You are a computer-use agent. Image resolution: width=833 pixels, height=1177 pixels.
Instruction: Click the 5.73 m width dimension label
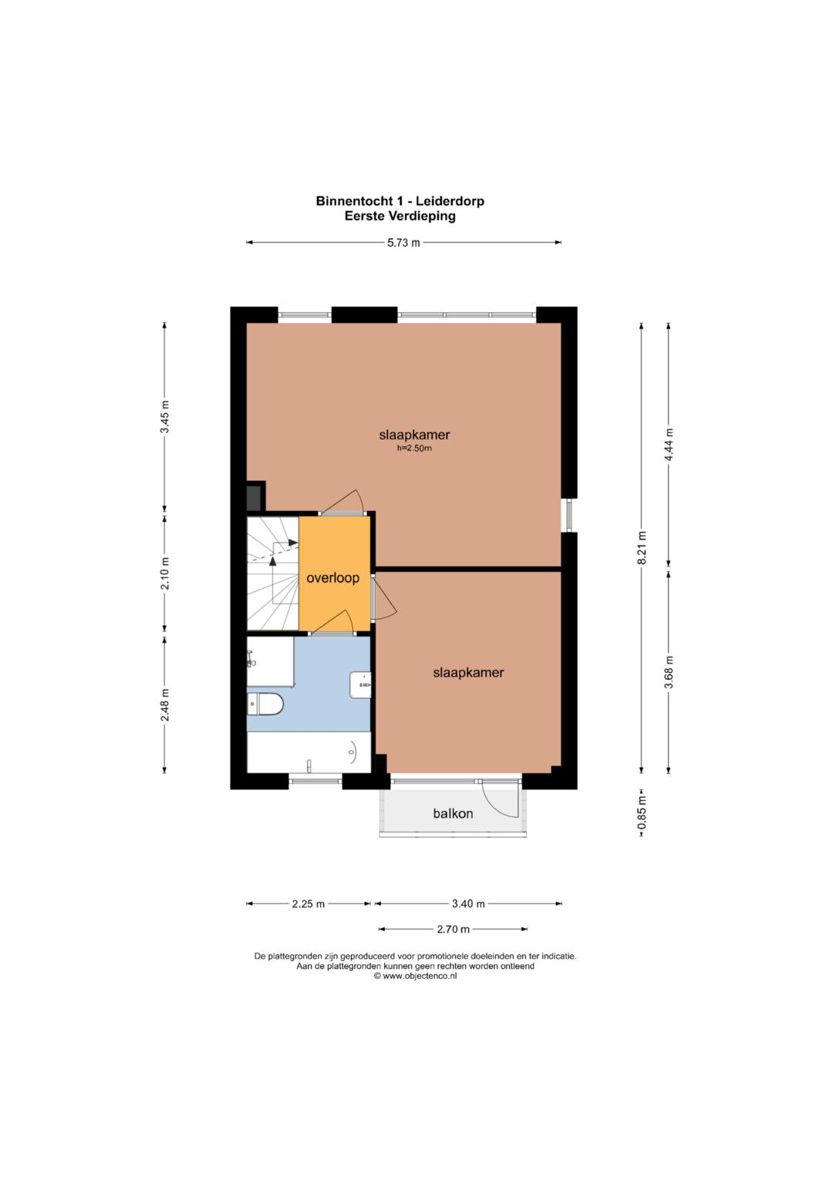click(403, 243)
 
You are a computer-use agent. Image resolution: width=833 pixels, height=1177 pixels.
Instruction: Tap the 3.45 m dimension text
click(165, 416)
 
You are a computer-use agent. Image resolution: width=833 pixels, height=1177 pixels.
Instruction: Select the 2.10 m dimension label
click(165, 572)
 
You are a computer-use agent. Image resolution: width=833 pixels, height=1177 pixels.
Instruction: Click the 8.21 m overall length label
click(642, 548)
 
